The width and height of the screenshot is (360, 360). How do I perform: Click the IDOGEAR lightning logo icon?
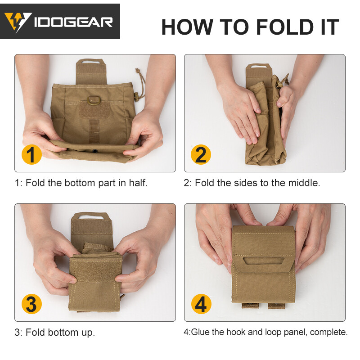click(18, 21)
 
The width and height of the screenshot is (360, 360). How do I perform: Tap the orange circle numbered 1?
click(31, 155)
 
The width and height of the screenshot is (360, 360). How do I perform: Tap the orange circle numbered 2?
click(201, 155)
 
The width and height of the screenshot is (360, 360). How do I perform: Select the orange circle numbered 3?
click(31, 304)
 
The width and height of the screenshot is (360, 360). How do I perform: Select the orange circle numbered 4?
click(201, 304)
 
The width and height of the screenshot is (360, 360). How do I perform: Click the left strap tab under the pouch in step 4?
click(250, 306)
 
